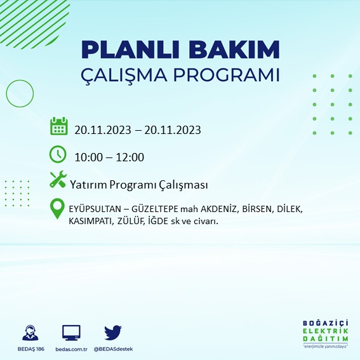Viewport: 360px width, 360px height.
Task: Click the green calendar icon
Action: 58,126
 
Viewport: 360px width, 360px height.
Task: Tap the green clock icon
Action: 58,154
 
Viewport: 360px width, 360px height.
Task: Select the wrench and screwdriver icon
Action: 58,180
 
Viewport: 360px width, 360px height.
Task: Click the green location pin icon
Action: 58,210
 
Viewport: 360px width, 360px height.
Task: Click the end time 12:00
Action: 130,157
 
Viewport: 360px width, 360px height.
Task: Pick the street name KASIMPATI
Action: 90,221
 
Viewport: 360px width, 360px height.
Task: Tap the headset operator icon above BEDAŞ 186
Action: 29,332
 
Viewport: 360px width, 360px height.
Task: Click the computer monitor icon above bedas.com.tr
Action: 71,332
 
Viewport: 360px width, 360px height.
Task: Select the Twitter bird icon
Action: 113,332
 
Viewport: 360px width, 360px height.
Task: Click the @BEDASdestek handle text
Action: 114,349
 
